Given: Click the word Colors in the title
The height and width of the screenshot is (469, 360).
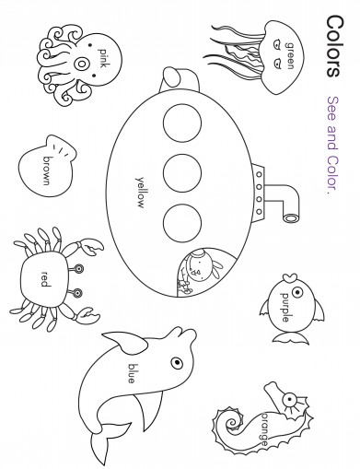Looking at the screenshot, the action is [x=333, y=46].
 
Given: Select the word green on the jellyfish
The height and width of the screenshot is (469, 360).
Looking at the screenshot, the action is [x=289, y=55].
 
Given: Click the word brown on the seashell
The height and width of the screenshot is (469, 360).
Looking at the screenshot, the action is [x=47, y=171].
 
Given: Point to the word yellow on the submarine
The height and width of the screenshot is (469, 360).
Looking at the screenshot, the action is [x=140, y=193].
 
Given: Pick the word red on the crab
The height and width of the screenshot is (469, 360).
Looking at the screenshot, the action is [x=45, y=279].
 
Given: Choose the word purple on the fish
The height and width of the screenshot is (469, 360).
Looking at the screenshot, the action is [x=285, y=308].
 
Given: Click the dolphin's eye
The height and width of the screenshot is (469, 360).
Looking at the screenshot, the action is [x=177, y=363].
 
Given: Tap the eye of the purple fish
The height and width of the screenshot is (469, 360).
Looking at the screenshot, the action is [x=297, y=292].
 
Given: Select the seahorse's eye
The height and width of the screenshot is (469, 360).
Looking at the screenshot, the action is [x=289, y=399].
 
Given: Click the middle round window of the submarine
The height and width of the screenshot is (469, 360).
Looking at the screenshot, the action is [x=182, y=173].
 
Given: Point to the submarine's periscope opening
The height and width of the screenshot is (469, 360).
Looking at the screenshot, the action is [x=290, y=218].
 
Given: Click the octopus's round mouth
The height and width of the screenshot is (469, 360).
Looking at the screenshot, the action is [x=81, y=64].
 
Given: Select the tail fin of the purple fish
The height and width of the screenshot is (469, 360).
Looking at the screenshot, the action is [x=291, y=338].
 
